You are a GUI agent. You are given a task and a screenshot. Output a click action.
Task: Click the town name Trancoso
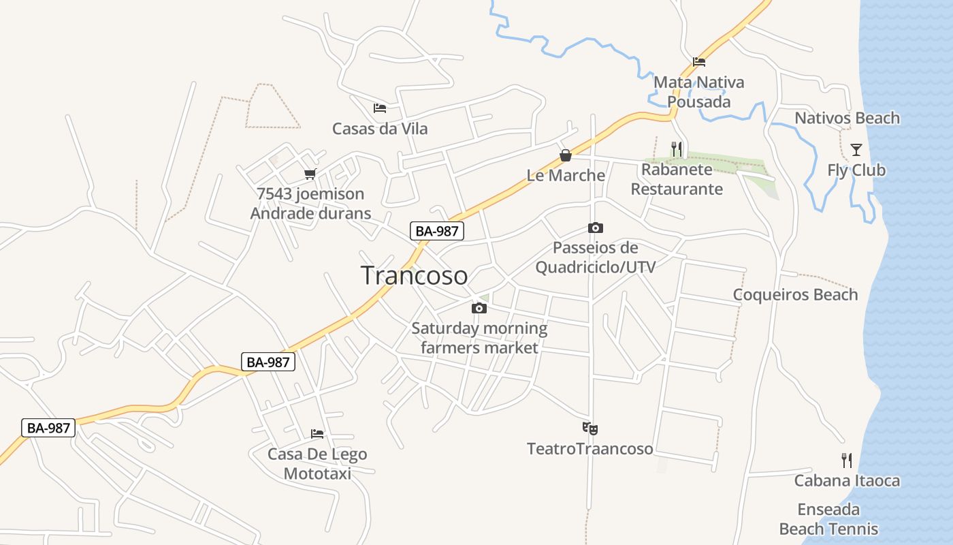point(414,275)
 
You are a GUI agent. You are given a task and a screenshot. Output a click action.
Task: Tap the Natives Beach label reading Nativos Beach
point(847,118)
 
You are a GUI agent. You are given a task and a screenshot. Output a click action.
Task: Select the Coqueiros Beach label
point(795,294)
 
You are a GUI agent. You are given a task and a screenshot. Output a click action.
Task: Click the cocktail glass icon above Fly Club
point(856,150)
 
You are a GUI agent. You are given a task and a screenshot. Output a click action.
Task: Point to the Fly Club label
point(856,170)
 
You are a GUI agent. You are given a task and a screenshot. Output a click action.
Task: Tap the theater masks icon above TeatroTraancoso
point(589,429)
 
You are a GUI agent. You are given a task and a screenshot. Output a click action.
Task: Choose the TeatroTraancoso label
point(589,448)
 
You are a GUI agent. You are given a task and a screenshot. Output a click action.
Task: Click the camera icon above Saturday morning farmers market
point(479,308)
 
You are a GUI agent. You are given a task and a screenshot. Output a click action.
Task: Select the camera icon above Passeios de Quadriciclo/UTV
point(596,228)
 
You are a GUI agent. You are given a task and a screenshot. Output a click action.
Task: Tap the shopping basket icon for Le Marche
point(565,155)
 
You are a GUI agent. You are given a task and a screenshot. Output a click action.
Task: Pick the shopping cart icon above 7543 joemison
point(310,174)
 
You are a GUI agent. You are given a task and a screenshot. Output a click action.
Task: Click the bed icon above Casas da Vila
point(380,108)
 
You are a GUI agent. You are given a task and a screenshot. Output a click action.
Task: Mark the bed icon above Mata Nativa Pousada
point(699,62)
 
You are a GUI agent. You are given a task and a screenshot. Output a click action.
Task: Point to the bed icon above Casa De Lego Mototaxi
point(317,433)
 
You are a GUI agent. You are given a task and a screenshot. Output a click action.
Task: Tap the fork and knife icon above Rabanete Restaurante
point(677,149)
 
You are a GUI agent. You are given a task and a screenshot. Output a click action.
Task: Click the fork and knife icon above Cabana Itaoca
point(847,461)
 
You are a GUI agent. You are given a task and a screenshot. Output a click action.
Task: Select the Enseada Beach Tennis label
point(828,519)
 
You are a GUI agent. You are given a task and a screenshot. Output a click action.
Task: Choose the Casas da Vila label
point(380,128)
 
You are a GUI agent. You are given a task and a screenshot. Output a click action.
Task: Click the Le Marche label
point(566,175)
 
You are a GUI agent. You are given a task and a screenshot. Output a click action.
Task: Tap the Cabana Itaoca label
point(847,480)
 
